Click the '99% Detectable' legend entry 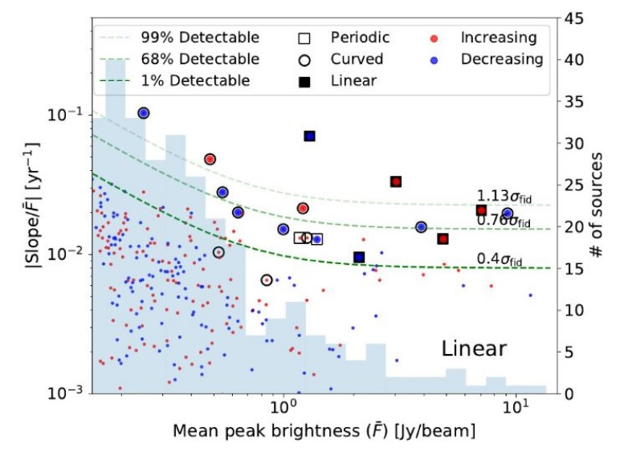(x=179, y=38)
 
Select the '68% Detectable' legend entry (x=179, y=59)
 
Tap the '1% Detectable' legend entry (x=174, y=81)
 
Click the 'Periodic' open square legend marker (x=304, y=39)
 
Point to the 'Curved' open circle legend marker (x=304, y=60)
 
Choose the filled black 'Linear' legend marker (x=304, y=82)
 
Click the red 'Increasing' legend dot (x=434, y=39)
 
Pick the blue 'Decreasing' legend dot (x=434, y=60)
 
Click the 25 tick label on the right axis (x=574, y=185)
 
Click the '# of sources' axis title (x=597, y=205)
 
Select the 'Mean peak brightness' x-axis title (x=324, y=431)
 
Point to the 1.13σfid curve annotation (x=504, y=197)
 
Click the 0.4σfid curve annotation (x=500, y=259)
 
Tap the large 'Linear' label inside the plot (x=474, y=348)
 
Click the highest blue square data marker (x=310, y=136)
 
